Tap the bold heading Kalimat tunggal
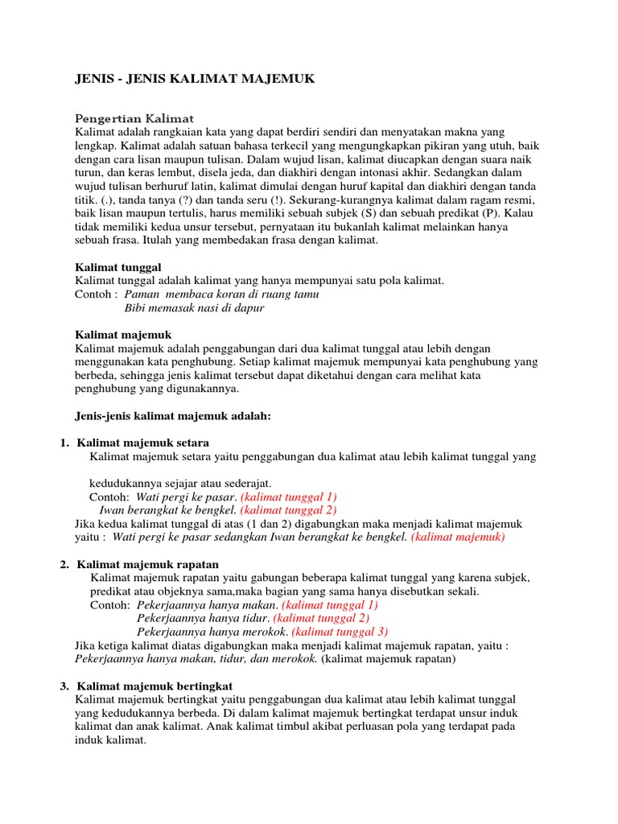click(x=119, y=266)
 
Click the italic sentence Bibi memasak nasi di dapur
click(x=195, y=307)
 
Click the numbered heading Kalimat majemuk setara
click(x=143, y=443)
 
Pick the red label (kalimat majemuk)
click(x=458, y=537)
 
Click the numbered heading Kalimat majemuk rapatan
click(x=147, y=564)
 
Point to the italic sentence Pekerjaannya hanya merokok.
click(x=212, y=632)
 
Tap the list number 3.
click(x=64, y=686)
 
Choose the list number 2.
click(x=64, y=564)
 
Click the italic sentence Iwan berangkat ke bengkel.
click(x=168, y=509)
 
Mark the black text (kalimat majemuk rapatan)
click(x=389, y=659)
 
